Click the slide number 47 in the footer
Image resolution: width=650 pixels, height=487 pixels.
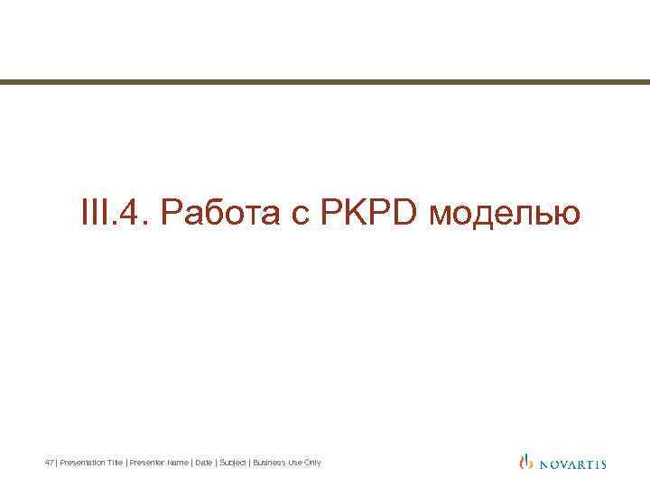tap(49, 463)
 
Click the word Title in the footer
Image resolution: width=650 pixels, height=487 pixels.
tap(115, 463)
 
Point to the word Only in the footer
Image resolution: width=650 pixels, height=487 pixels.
tap(311, 463)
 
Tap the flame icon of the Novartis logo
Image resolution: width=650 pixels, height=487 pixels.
tap(526, 462)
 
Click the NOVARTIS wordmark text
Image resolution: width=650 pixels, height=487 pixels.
tap(572, 464)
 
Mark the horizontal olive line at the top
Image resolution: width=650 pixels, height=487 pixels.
tap(325, 82)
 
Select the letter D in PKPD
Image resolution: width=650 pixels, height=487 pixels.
tap(403, 215)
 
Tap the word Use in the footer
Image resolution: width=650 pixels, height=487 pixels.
tap(293, 463)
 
